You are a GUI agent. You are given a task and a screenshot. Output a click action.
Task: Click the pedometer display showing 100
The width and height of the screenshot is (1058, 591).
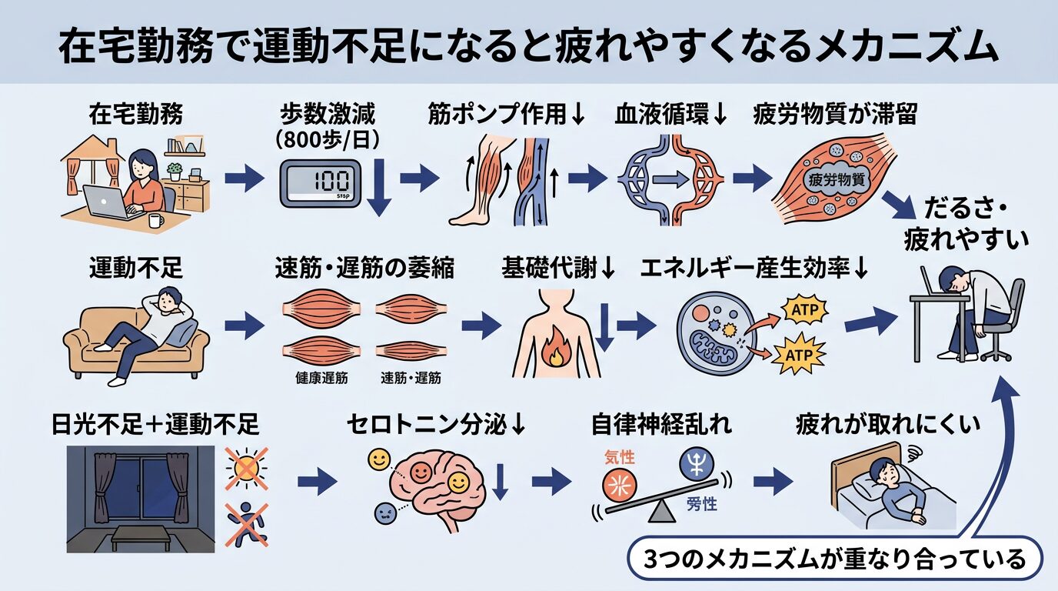click(x=319, y=183)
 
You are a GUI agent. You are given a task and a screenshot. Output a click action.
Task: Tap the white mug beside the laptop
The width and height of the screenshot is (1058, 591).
click(x=155, y=221)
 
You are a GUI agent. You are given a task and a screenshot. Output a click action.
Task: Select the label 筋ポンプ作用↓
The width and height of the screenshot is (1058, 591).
click(x=507, y=115)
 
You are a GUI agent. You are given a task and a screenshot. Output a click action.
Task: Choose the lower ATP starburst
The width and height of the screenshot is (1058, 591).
click(x=803, y=356)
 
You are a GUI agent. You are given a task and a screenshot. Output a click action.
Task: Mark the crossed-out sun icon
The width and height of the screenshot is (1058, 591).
click(x=245, y=466)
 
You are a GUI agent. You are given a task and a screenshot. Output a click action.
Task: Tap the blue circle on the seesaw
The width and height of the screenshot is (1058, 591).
click(x=697, y=465)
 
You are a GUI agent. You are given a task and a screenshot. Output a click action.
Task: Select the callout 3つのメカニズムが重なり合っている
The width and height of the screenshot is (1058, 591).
click(x=834, y=559)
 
